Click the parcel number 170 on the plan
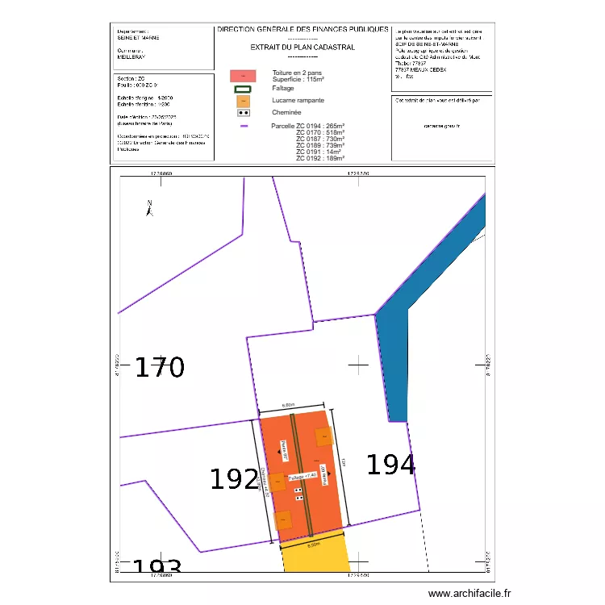pos(159,368)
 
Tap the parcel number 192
pos(234,479)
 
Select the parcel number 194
pos(391,465)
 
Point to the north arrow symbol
pos(149,209)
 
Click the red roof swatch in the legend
pos(243,75)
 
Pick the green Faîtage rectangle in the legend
pos(243,88)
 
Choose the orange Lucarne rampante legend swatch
pos(243,101)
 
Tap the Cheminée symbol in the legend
pos(243,113)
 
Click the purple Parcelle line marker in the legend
pos(243,126)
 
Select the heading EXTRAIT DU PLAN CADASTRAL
pos(302,48)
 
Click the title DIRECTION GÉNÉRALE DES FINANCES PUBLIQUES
pos(302,29)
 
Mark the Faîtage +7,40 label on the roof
pos(302,478)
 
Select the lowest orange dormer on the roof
pos(282,519)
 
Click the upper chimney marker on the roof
pos(298,490)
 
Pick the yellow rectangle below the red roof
pos(315,557)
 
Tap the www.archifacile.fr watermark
pos(469,593)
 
